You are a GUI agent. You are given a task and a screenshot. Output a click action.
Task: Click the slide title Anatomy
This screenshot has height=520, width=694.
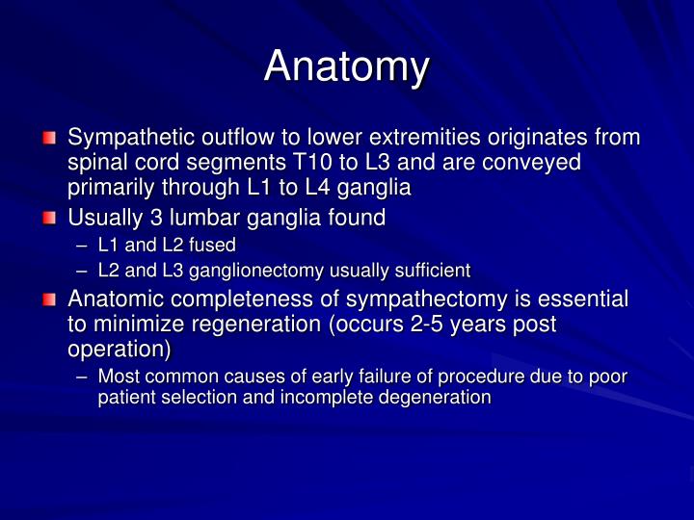tap(347, 65)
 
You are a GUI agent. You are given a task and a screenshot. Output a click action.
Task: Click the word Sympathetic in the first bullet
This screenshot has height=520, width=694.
tap(130, 137)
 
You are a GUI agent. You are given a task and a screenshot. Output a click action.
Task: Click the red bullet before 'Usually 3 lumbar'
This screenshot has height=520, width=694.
tap(50, 219)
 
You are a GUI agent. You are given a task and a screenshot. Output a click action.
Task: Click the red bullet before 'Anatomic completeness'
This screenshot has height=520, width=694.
tap(50, 299)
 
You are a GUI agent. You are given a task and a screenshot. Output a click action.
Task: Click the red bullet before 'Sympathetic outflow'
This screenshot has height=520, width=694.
tap(50, 138)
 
